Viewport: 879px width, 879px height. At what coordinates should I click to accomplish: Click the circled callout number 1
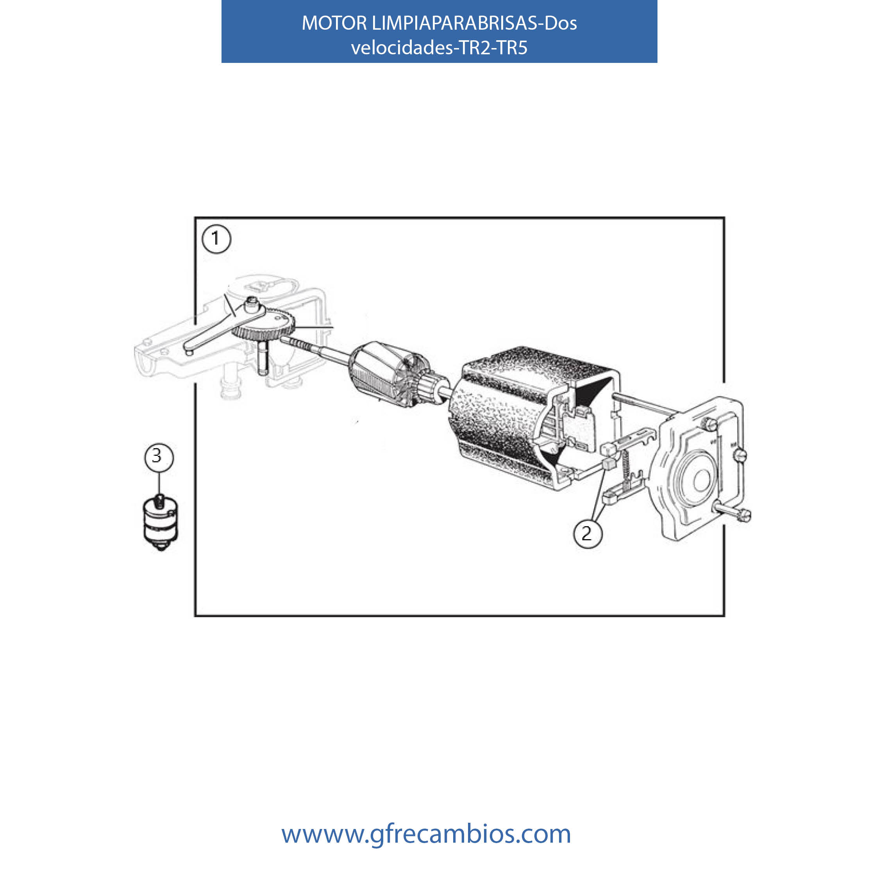click(x=216, y=239)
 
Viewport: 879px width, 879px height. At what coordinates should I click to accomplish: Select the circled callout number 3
click(x=159, y=456)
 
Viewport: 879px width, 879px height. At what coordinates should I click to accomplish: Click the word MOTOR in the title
click(x=334, y=23)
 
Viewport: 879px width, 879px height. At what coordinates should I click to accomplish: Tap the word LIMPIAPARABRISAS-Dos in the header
click(x=474, y=23)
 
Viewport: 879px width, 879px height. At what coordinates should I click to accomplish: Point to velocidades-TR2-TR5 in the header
click(x=439, y=47)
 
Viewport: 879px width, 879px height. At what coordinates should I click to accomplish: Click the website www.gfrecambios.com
click(x=426, y=834)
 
